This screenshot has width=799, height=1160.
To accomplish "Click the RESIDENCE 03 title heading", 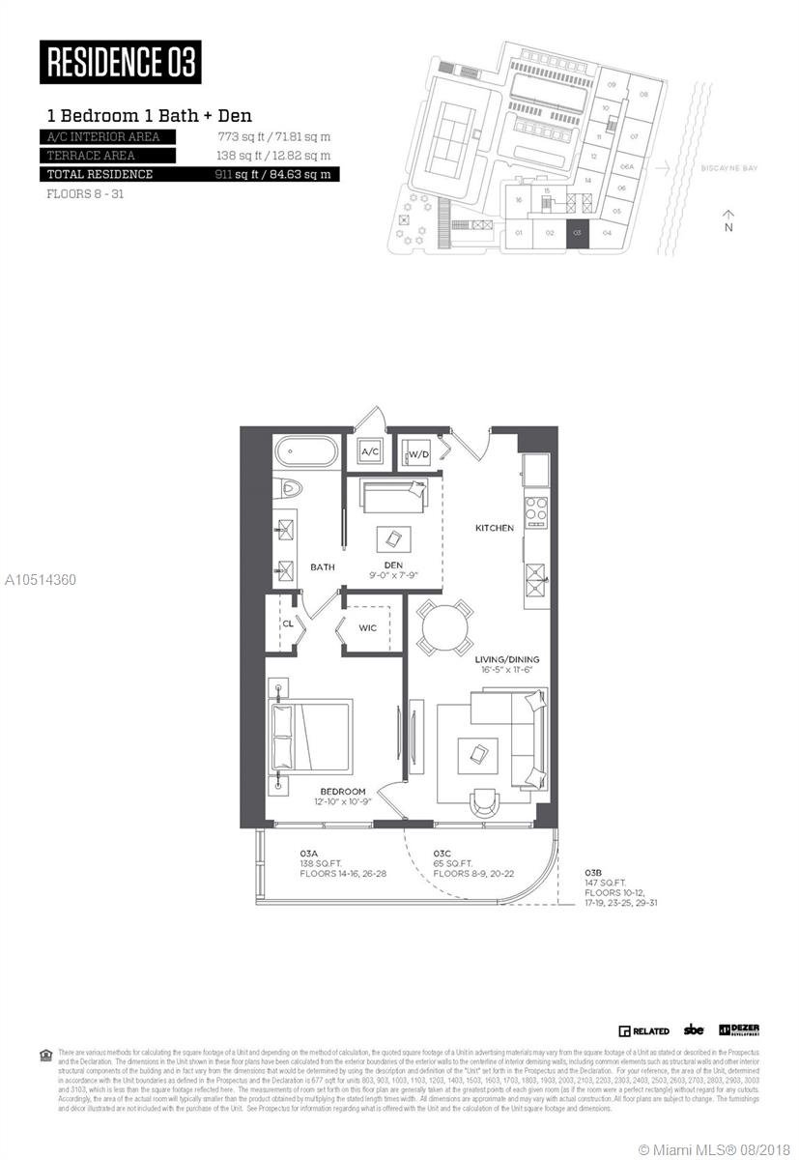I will pyautogui.click(x=121, y=63).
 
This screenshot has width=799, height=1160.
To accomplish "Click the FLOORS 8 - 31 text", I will pyautogui.click(x=86, y=193).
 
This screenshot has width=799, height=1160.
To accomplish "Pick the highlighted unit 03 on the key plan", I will pyautogui.click(x=577, y=232).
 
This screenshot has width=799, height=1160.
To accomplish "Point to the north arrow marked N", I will pyautogui.click(x=728, y=220).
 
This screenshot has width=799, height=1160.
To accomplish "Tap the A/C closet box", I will pyautogui.click(x=370, y=451).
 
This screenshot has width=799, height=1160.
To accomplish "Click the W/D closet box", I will pyautogui.click(x=416, y=452).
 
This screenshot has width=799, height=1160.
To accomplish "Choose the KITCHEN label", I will pyautogui.click(x=494, y=528).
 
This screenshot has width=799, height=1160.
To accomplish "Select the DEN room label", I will pyautogui.click(x=392, y=565).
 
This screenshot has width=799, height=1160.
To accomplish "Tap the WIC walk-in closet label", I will pyautogui.click(x=368, y=627).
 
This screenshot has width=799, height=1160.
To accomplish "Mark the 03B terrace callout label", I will pyautogui.click(x=594, y=871).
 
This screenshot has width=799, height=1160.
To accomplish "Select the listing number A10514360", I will pyautogui.click(x=40, y=580).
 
